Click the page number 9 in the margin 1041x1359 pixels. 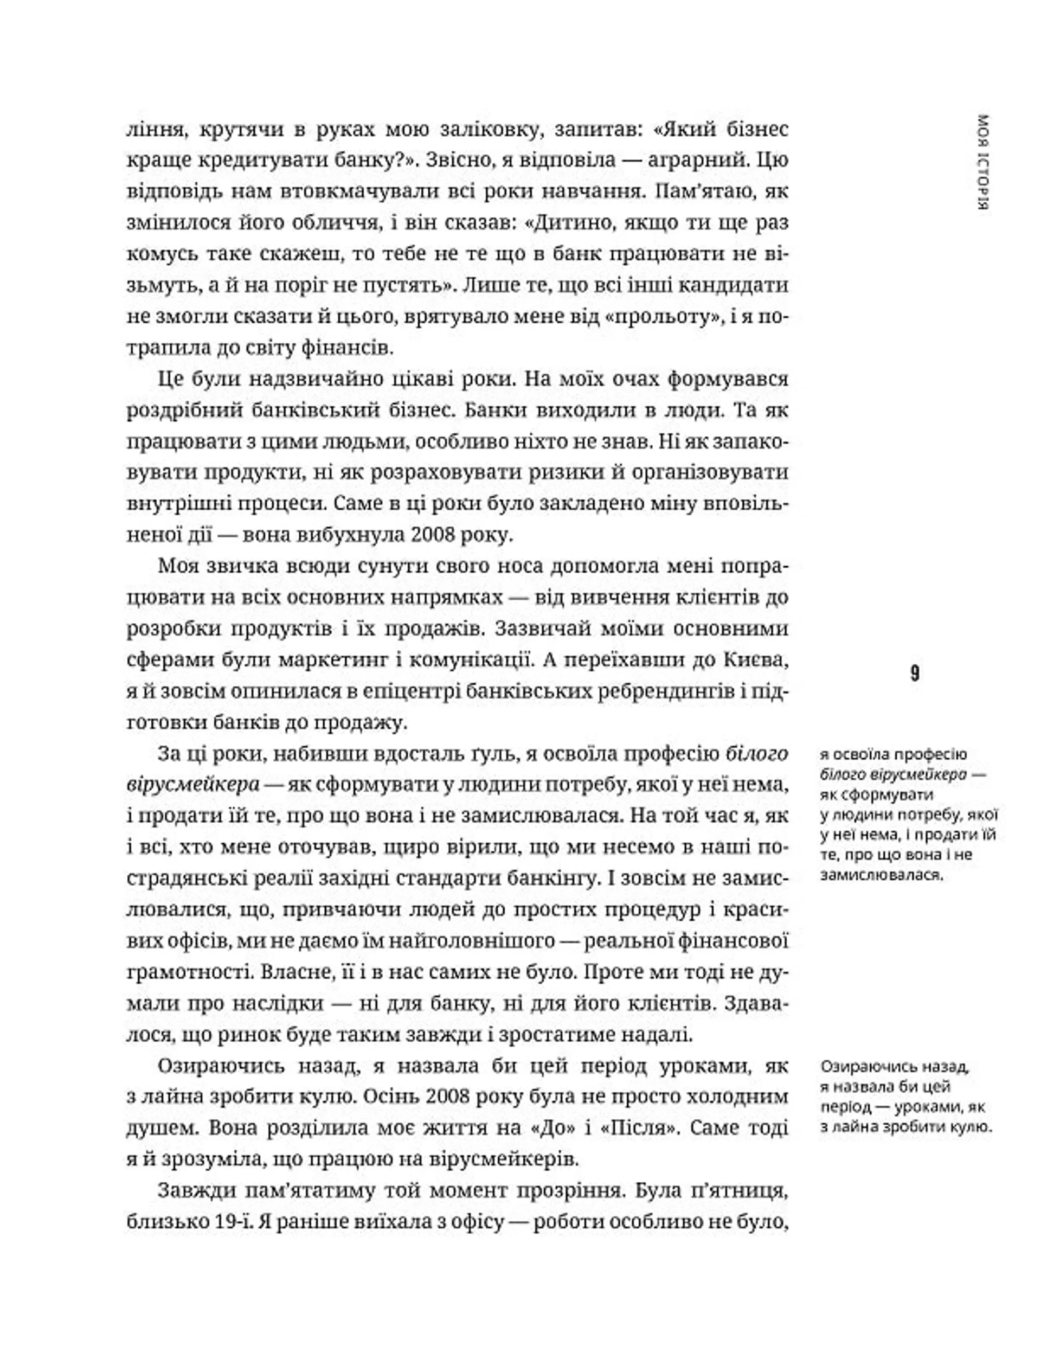click(x=915, y=674)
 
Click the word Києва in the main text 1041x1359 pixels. click(x=754, y=660)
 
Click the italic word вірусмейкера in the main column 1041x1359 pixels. click(x=192, y=785)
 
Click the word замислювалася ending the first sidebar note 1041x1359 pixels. click(x=880, y=876)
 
